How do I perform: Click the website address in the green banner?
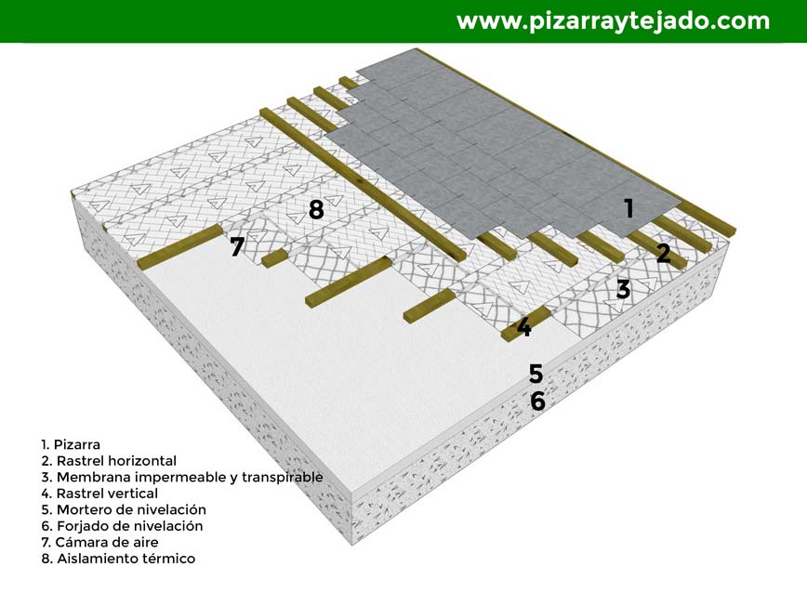[x=613, y=21]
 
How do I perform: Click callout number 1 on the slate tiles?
[x=628, y=208]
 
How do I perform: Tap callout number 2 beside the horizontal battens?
[x=664, y=254]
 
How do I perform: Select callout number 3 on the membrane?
[x=623, y=289]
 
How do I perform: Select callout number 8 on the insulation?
[x=316, y=209]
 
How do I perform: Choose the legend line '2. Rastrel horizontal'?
[x=109, y=461]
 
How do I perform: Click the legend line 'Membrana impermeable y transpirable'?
[x=190, y=478]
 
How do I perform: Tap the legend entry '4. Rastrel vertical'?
[x=99, y=494]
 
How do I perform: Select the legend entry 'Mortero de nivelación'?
[x=131, y=509]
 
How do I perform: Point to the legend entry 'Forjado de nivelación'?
[x=130, y=526]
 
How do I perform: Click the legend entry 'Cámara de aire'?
[x=107, y=542]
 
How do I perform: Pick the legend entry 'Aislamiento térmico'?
[x=126, y=559]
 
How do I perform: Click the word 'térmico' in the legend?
[x=171, y=559]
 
